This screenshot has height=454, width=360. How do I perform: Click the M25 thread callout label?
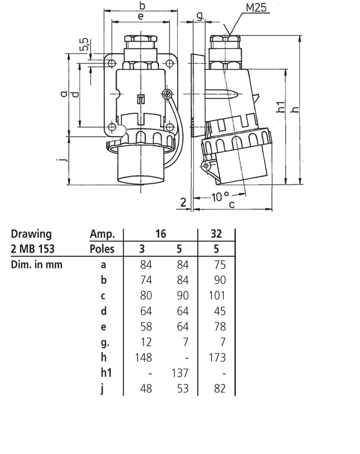pyautogui.click(x=256, y=7)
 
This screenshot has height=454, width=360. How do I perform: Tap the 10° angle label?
pyautogui.click(x=220, y=197)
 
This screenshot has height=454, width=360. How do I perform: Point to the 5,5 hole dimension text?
pyautogui.click(x=84, y=45)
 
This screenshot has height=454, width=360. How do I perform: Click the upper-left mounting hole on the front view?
pyautogui.click(x=111, y=63)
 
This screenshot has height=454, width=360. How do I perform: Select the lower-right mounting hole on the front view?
pyautogui.click(x=169, y=127)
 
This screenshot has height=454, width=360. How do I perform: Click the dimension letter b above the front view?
pyautogui.click(x=142, y=5)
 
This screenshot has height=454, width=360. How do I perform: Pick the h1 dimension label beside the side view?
pyautogui.click(x=280, y=106)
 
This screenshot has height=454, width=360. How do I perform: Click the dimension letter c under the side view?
pyautogui.click(x=232, y=205)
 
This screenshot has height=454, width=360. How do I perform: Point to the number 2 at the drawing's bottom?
pyautogui.click(x=183, y=202)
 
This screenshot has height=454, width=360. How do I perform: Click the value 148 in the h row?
pyautogui.click(x=143, y=358)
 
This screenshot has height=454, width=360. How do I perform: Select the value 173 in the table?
pyautogui.click(x=217, y=358)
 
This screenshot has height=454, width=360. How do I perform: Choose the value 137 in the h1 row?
pyautogui.click(x=180, y=373)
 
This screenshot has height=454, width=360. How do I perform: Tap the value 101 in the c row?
pyautogui.click(x=217, y=296)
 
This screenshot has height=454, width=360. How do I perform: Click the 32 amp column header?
pyautogui.click(x=217, y=234)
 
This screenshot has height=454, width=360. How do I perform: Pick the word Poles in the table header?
pyautogui.click(x=102, y=249)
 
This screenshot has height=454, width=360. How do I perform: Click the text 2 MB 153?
pyautogui.click(x=33, y=249)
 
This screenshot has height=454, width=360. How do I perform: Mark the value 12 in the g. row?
pyautogui.click(x=146, y=342)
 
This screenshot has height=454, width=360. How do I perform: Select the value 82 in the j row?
pyautogui.click(x=220, y=389)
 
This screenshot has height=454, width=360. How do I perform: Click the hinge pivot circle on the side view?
pyautogui.click(x=206, y=166)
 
